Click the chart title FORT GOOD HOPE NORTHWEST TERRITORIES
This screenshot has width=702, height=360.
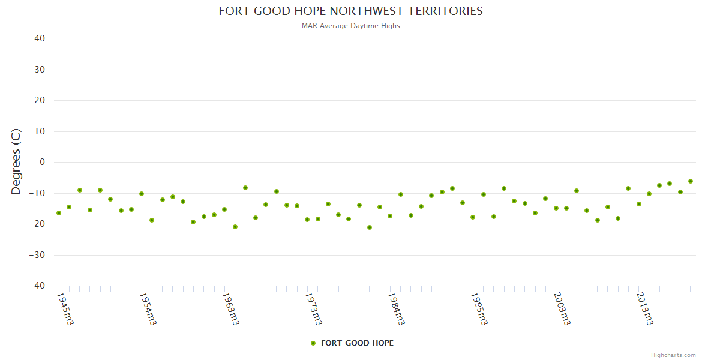click(x=350, y=11)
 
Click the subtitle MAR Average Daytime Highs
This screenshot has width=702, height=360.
click(x=350, y=26)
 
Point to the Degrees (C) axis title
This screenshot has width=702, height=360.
click(x=16, y=161)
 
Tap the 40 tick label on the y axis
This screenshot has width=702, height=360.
click(x=40, y=38)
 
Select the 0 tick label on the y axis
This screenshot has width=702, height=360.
click(x=42, y=162)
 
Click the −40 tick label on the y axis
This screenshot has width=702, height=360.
click(x=37, y=286)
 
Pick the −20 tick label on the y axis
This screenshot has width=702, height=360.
click(x=37, y=224)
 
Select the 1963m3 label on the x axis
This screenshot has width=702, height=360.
click(x=231, y=308)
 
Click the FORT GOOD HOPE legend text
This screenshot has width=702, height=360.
click(x=358, y=343)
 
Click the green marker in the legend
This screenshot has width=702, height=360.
click(x=313, y=343)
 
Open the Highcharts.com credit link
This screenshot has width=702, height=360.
click(x=673, y=355)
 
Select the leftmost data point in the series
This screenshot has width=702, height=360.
click(x=59, y=213)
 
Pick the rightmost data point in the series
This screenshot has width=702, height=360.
click(x=691, y=181)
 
